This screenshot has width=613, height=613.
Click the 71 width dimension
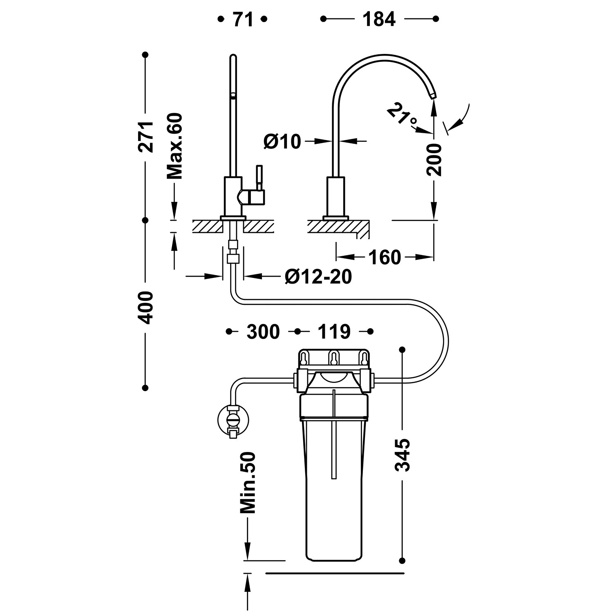243,19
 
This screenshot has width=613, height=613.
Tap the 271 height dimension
146,136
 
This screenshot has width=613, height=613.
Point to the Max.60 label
175,146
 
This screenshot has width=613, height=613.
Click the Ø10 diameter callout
282,141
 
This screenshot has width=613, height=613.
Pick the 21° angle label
402,116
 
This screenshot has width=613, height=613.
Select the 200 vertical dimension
434,159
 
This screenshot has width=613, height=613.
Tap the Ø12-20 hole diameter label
318,277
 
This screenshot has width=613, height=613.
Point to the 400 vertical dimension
146,307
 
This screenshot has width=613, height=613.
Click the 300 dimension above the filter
263,331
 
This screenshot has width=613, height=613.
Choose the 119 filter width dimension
334,331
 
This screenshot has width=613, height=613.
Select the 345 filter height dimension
403,455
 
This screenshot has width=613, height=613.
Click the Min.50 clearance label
248,483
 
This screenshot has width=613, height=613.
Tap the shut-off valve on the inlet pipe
233,420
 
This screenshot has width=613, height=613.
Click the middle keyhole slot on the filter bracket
335,358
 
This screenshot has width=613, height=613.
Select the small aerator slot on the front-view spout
233,96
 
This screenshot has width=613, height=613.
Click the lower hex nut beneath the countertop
233,258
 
